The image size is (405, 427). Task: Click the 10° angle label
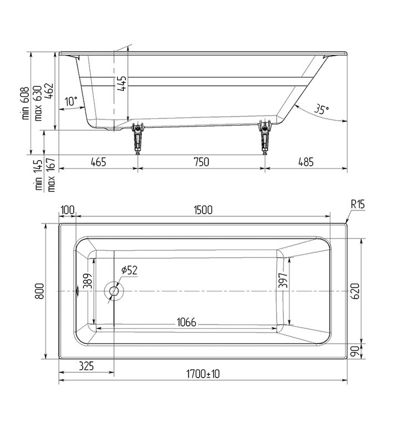click(x=71, y=102)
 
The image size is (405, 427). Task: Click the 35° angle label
click(x=321, y=109)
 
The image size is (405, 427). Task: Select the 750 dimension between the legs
click(x=201, y=162)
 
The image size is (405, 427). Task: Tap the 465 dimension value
click(x=98, y=162)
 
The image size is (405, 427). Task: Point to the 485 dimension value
click(x=306, y=162)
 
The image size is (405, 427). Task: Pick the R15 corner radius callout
click(x=357, y=205)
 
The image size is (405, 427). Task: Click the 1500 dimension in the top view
click(x=203, y=210)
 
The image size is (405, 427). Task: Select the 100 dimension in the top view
click(x=67, y=210)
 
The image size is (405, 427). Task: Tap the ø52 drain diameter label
click(x=129, y=270)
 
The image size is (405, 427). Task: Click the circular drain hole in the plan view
click(x=114, y=290)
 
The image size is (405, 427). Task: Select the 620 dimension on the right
click(x=356, y=290)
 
